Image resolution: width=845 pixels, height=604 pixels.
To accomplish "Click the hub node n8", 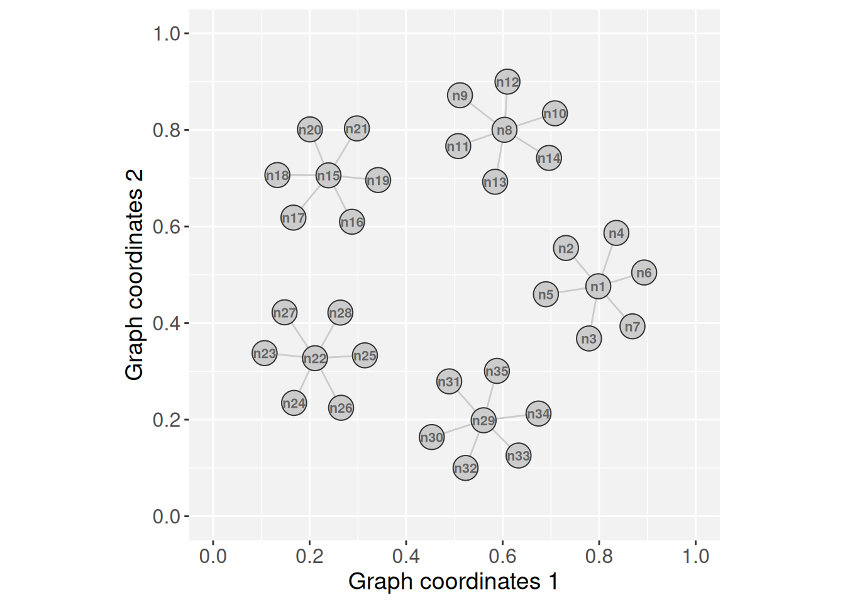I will [x=504, y=130].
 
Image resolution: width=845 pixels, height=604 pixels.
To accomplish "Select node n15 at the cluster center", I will [x=328, y=176].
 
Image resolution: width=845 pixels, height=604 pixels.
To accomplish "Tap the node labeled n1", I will [x=598, y=287].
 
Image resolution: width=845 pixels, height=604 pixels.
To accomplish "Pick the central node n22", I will [x=315, y=359].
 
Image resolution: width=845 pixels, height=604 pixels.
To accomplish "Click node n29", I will [x=483, y=420].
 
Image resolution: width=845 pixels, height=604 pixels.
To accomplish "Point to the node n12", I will [x=507, y=82].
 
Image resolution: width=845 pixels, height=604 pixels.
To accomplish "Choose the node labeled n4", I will [x=616, y=233].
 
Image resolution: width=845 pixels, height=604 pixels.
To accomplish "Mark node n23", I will [x=265, y=354].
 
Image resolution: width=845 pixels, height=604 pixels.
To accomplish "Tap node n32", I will [x=465, y=468].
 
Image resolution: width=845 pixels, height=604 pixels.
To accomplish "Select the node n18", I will [x=277, y=176].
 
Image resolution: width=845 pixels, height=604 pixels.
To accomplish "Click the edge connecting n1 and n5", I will [x=572, y=291].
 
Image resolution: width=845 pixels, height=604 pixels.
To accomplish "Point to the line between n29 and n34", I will [x=511, y=417].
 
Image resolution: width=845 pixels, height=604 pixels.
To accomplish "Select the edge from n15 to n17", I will [x=311, y=197].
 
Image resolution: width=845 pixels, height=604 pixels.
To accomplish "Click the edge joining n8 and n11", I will [x=481, y=138].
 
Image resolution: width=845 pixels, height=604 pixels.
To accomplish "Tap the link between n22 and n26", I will [x=328, y=383].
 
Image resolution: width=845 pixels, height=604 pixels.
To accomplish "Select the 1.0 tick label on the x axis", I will [x=695, y=556].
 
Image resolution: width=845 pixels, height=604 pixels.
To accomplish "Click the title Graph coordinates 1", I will [x=453, y=581].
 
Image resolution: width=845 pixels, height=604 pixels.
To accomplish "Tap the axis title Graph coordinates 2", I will [x=135, y=274].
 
